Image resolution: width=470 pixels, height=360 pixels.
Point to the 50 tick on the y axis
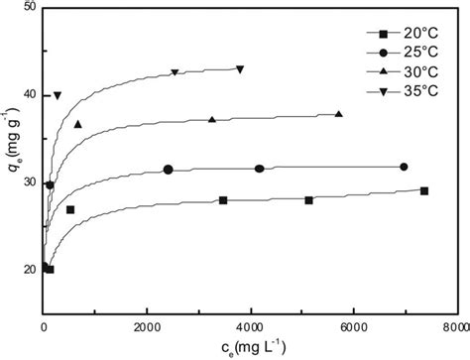point(29,8)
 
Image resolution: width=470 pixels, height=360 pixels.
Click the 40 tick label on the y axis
point(29,95)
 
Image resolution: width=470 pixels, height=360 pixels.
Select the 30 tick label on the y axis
point(29,182)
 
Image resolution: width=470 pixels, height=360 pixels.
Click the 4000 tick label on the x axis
point(250,325)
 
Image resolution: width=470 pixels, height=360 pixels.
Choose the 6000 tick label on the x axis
point(353,325)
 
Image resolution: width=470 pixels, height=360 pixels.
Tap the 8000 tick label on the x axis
point(454,325)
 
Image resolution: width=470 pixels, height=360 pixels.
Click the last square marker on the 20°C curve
point(424,190)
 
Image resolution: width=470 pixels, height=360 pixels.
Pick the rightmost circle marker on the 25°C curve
point(404,167)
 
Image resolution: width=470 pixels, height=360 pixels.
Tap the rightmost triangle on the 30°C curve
point(339,114)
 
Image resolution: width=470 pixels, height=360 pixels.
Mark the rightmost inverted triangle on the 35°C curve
point(240,69)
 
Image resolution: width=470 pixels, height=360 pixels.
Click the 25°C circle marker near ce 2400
point(169,170)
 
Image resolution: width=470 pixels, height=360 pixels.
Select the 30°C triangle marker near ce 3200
point(211,120)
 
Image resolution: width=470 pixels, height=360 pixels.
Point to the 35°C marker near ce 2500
point(175,72)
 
